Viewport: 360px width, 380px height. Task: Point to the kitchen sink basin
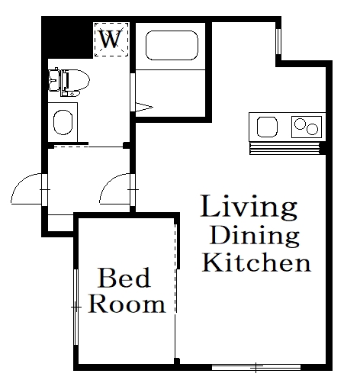pyautogui.click(x=269, y=126)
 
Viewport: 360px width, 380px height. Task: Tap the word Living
pyautogui.click(x=248, y=207)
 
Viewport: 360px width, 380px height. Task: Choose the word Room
pyautogui.click(x=127, y=304)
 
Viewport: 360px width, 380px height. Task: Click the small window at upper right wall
pyautogui.click(x=278, y=43)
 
